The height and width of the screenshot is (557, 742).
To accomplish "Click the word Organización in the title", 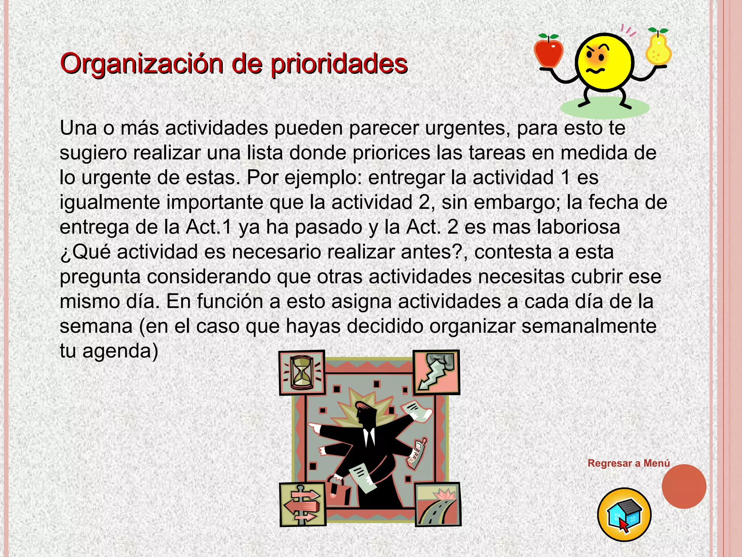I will (142, 64).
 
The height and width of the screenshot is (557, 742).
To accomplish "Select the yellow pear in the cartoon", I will (658, 49).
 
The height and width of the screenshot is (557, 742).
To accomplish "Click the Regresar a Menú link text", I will (629, 463).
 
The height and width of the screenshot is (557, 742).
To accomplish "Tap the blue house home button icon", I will (624, 515).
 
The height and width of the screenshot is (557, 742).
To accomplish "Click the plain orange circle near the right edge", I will (684, 486).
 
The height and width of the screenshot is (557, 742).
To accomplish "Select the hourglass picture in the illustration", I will (301, 372).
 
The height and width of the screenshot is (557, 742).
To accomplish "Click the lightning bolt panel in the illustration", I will (437, 372).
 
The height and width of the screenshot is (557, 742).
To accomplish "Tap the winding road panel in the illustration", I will (438, 504).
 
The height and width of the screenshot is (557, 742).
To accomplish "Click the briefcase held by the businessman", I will (340, 491).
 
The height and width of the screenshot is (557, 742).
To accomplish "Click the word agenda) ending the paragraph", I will (120, 351).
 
